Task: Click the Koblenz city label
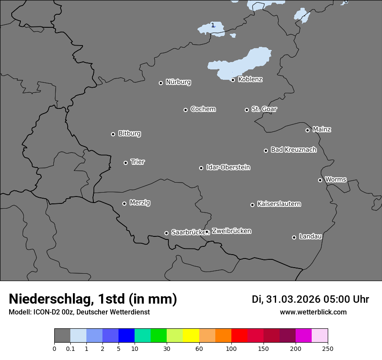click(x=250, y=79)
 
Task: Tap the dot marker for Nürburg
click(x=161, y=83)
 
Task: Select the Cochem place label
click(x=203, y=109)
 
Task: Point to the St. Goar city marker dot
click(x=247, y=110)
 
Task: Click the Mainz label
click(x=322, y=129)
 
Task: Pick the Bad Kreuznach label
click(x=293, y=150)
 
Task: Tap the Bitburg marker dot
click(x=113, y=134)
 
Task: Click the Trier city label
click(x=138, y=162)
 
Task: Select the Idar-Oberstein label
click(x=228, y=167)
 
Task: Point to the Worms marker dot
click(x=320, y=180)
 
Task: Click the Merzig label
click(x=140, y=203)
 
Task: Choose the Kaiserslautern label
click(x=279, y=204)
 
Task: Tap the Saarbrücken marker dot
click(x=166, y=233)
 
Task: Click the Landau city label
click(x=310, y=236)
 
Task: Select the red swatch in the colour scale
click(x=239, y=336)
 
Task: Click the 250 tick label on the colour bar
click(x=328, y=348)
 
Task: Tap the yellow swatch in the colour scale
click(x=191, y=336)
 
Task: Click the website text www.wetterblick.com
click(x=313, y=312)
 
